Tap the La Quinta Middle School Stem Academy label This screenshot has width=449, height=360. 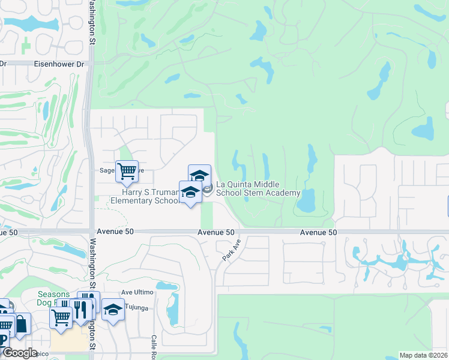(x=258, y=188)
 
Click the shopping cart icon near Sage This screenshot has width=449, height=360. (x=127, y=171)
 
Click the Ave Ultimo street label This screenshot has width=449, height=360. (x=138, y=292)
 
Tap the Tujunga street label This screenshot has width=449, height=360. (x=137, y=307)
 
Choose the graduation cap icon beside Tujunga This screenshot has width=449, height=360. (x=112, y=310)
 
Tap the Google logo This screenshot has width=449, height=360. (x=20, y=353)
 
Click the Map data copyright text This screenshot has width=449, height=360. (x=423, y=355)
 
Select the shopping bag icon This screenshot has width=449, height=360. (x=21, y=324)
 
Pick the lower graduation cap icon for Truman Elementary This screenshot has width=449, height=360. (x=190, y=192)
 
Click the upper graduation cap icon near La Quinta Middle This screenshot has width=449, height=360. (x=199, y=175)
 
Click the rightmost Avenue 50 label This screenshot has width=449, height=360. (x=318, y=232)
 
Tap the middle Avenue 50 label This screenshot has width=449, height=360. (x=216, y=232)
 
